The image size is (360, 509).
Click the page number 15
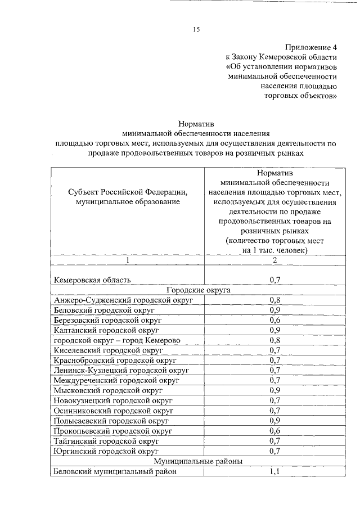pyautogui.click(x=196, y=29)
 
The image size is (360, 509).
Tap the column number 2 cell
pyautogui.click(x=275, y=260)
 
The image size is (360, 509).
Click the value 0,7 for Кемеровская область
pyautogui.click(x=275, y=280)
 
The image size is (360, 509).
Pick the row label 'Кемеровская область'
pyautogui.click(x=92, y=280)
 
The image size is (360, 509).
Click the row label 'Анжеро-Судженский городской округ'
pyautogui.click(x=123, y=300)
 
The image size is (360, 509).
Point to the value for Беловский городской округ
pyautogui.click(x=275, y=310)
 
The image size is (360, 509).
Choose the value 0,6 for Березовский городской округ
pyautogui.click(x=275, y=320)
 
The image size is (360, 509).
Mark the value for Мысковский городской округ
pyautogui.click(x=275, y=390)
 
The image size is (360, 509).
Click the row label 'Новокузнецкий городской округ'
pyautogui.click(x=112, y=400)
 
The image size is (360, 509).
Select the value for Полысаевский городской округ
pyautogui.click(x=275, y=420)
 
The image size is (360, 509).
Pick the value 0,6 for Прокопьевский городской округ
pyautogui.click(x=275, y=430)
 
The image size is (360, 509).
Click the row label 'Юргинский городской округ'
pyautogui.click(x=106, y=451)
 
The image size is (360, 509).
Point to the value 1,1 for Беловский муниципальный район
pyautogui.click(x=275, y=471)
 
